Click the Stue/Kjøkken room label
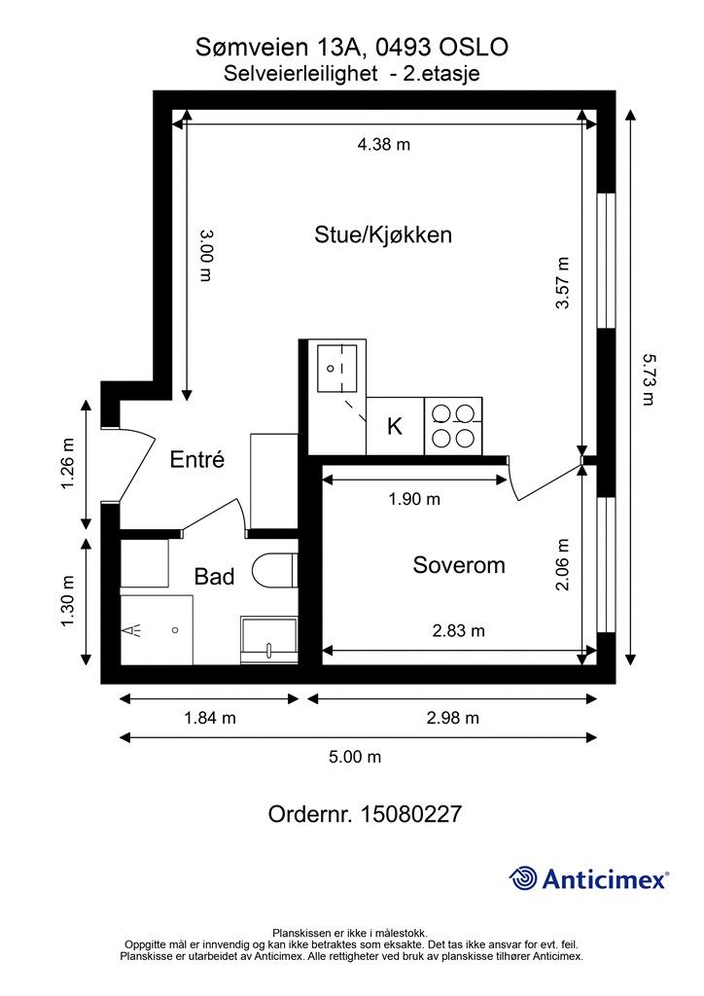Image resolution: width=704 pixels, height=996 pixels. click(x=383, y=235)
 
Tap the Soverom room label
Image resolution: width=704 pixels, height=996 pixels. click(x=458, y=565)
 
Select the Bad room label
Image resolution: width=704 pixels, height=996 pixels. click(x=214, y=576)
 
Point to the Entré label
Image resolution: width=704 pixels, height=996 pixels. click(x=196, y=459)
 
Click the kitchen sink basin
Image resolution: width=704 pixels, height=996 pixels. click(x=336, y=369)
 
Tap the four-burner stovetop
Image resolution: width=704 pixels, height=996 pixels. click(x=453, y=426)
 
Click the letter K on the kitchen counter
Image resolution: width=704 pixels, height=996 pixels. click(x=394, y=426)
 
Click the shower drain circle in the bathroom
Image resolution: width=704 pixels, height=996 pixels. click(x=175, y=630)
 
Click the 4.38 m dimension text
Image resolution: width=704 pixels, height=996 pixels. click(x=383, y=144)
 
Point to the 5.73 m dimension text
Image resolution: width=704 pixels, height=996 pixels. click(x=648, y=379)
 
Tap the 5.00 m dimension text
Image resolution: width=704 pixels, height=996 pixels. click(x=355, y=757)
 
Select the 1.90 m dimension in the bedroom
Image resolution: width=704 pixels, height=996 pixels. click(x=414, y=499)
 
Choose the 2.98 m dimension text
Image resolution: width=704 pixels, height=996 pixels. click(x=452, y=718)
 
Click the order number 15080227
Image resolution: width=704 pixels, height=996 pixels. click(x=410, y=814)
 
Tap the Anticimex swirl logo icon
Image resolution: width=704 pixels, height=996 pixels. click(x=523, y=879)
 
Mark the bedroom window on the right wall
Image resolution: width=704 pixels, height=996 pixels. click(x=607, y=564)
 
